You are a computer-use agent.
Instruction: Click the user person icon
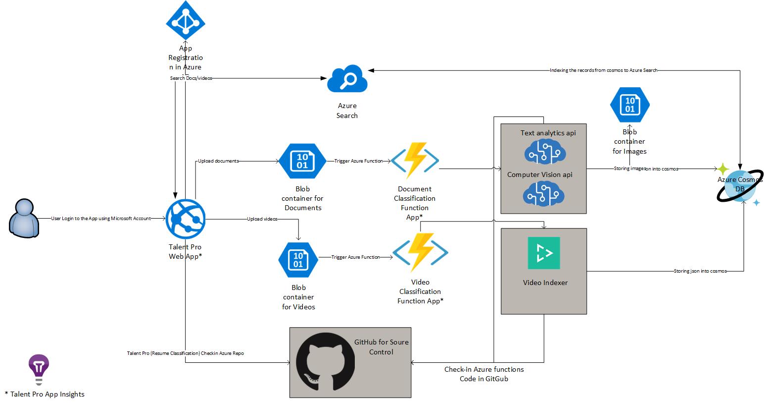tap(24, 217)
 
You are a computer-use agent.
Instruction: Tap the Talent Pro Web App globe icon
tap(186, 219)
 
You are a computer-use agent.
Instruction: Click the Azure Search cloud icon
tap(347, 79)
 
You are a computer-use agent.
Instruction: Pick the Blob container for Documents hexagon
tap(302, 161)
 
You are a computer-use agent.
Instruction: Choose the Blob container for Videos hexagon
tap(298, 259)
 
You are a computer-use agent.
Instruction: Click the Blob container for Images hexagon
tap(629, 105)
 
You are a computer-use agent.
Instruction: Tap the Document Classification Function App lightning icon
tap(415, 161)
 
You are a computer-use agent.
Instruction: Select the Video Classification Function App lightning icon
tap(420, 252)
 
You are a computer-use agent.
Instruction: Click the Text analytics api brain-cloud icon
tap(545, 151)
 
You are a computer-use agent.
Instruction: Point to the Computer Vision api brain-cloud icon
tap(544, 193)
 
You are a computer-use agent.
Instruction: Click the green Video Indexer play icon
tap(544, 253)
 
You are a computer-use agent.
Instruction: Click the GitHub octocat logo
tap(325, 361)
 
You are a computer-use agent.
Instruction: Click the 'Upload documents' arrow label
tap(218, 161)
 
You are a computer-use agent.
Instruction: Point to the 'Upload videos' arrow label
tap(262, 219)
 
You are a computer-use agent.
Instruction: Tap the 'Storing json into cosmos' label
tap(700, 271)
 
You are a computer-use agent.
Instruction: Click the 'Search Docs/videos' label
tap(191, 78)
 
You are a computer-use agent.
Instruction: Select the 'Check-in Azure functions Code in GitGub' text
tap(484, 374)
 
